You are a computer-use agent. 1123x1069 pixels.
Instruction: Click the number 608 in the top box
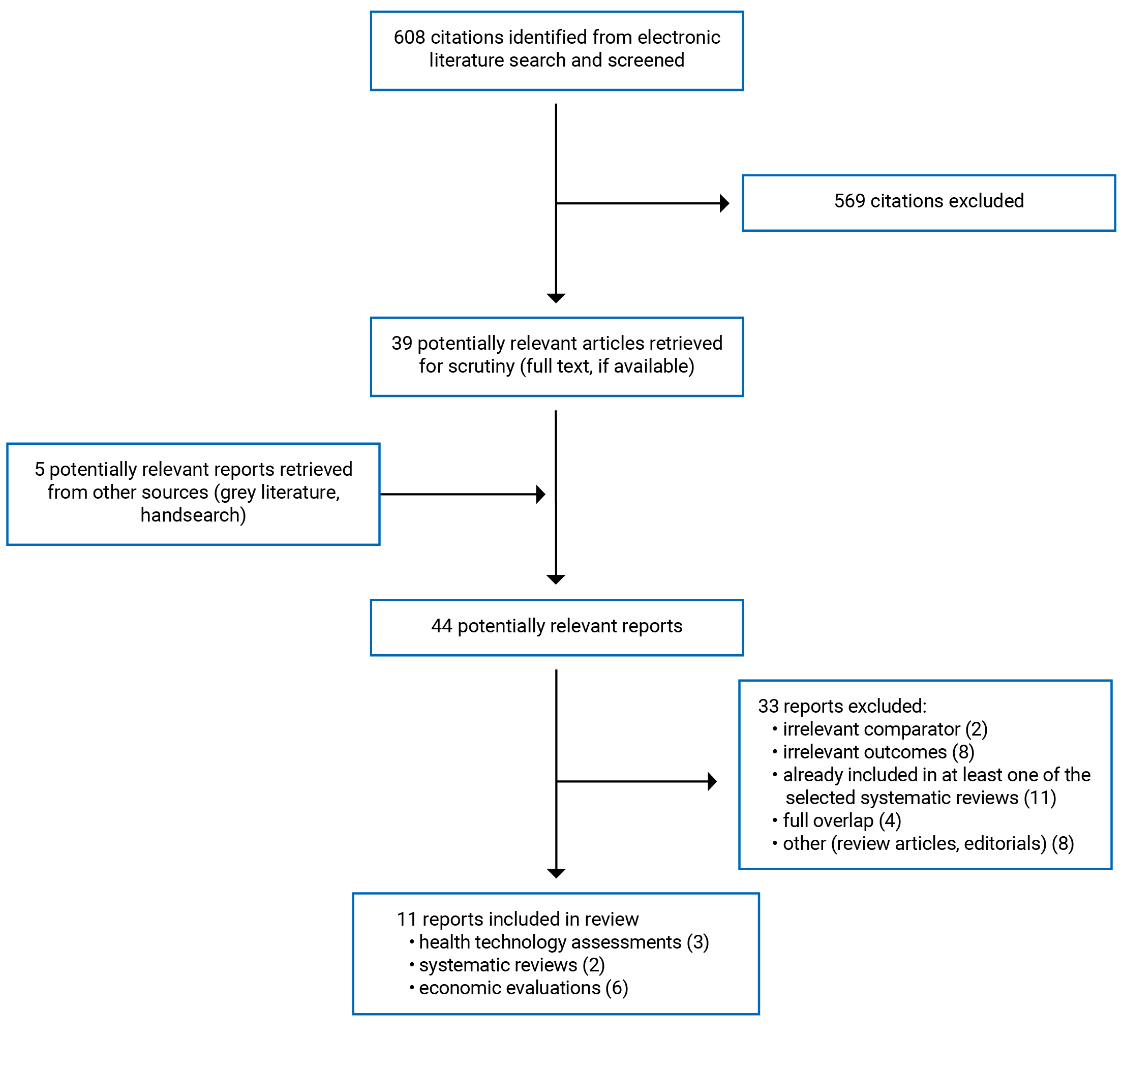coord(409,38)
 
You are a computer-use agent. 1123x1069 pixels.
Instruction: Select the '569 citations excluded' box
coord(928,202)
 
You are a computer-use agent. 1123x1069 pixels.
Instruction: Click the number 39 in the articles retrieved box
coord(402,343)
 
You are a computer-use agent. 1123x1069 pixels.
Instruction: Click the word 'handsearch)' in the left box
coord(193,514)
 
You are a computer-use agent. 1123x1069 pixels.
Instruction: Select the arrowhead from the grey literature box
coord(541,494)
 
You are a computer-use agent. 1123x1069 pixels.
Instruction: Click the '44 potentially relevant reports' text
coord(557,626)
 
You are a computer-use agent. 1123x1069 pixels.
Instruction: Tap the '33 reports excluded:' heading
coord(842,706)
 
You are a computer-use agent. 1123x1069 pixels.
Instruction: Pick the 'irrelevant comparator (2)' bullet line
coord(884,729)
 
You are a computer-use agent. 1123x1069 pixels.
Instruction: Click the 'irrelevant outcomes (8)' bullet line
coord(878,752)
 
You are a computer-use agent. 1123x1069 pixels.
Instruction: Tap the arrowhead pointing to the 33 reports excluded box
coord(712,781)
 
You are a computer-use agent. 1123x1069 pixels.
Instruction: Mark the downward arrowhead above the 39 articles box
coord(556,298)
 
